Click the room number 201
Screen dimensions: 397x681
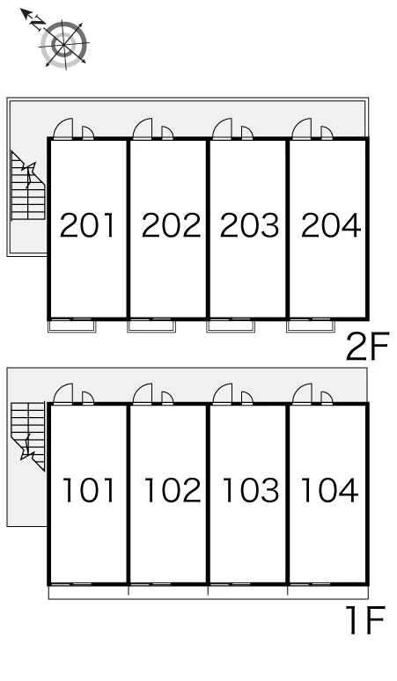(x=87, y=225)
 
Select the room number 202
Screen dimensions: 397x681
(x=171, y=225)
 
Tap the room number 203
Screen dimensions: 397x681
(x=249, y=225)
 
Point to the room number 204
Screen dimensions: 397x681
(x=331, y=225)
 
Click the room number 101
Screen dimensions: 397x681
(x=89, y=490)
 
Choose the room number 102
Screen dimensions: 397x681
(x=173, y=490)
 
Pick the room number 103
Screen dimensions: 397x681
(x=251, y=490)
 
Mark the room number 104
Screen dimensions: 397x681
(x=330, y=490)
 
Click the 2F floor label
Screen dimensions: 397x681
(x=367, y=347)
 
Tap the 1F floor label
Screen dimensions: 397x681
(x=365, y=620)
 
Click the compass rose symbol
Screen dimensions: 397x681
(x=64, y=44)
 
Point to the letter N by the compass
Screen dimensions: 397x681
(x=38, y=23)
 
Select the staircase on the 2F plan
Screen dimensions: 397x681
(x=28, y=186)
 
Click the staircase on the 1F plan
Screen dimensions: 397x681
(x=28, y=436)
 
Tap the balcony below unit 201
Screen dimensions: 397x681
(x=71, y=326)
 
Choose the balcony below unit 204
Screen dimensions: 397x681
(x=311, y=326)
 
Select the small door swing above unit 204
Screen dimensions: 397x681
(x=327, y=133)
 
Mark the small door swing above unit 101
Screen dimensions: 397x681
(x=88, y=398)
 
